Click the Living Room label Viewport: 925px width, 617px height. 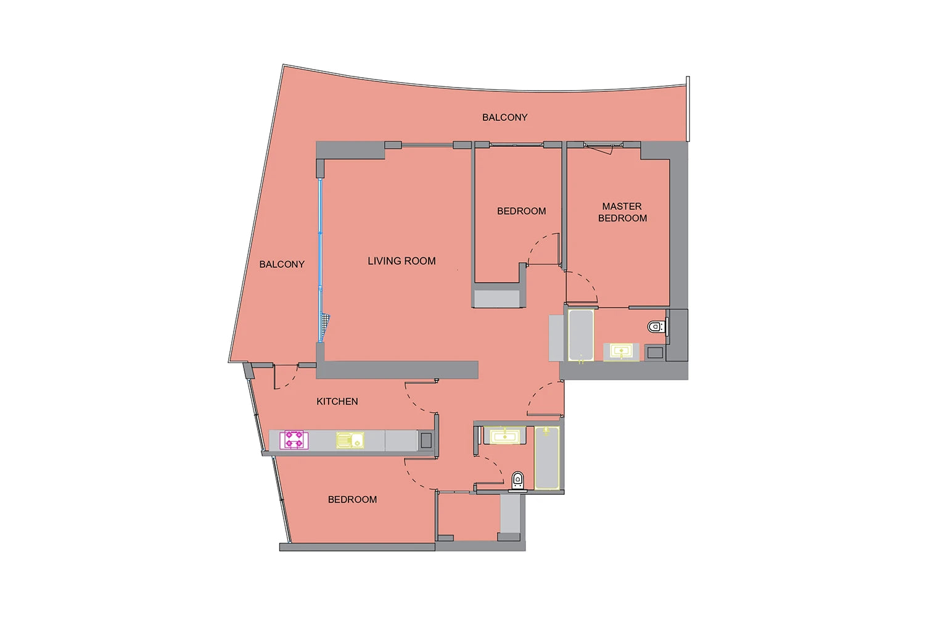[x=401, y=261]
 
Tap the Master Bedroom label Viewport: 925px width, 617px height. [x=622, y=212]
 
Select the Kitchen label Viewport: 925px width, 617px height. [x=337, y=401]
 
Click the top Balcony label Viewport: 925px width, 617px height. [x=504, y=117]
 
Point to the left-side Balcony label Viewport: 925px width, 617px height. [x=282, y=264]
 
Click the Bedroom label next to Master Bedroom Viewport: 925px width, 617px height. [x=521, y=211]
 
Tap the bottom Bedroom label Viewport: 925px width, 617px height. [x=352, y=499]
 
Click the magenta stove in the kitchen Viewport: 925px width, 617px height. [x=294, y=440]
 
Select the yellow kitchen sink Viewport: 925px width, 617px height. [x=350, y=440]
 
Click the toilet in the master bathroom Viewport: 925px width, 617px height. [x=656, y=327]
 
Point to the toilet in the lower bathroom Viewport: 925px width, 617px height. [x=517, y=481]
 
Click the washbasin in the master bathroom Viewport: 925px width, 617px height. [x=621, y=352]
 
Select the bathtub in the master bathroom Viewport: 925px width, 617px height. [x=581, y=335]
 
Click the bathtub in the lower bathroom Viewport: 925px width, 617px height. [x=547, y=458]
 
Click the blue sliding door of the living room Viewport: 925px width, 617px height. [x=321, y=260]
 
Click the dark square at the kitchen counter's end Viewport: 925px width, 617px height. [x=426, y=441]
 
